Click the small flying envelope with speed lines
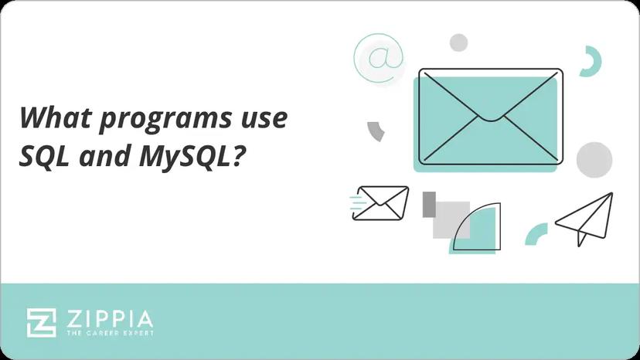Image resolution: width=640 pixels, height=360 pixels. click(382, 202)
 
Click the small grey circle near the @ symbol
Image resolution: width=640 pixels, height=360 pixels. click(459, 42)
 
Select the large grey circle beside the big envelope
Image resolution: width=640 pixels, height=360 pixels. click(594, 160)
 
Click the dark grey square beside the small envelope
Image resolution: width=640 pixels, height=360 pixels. click(430, 204)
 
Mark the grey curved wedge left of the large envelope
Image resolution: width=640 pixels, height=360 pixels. click(376, 131)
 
